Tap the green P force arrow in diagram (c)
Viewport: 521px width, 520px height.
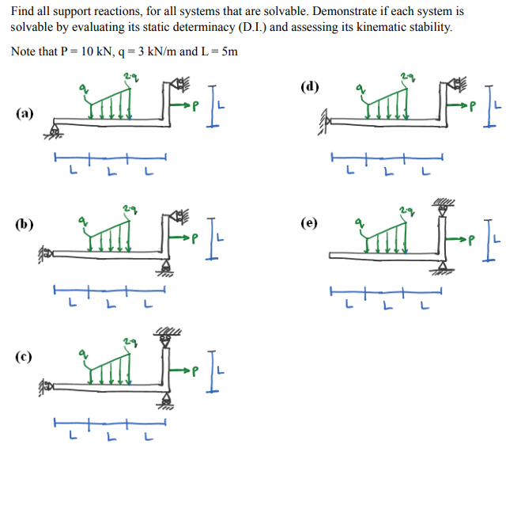point(191,368)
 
